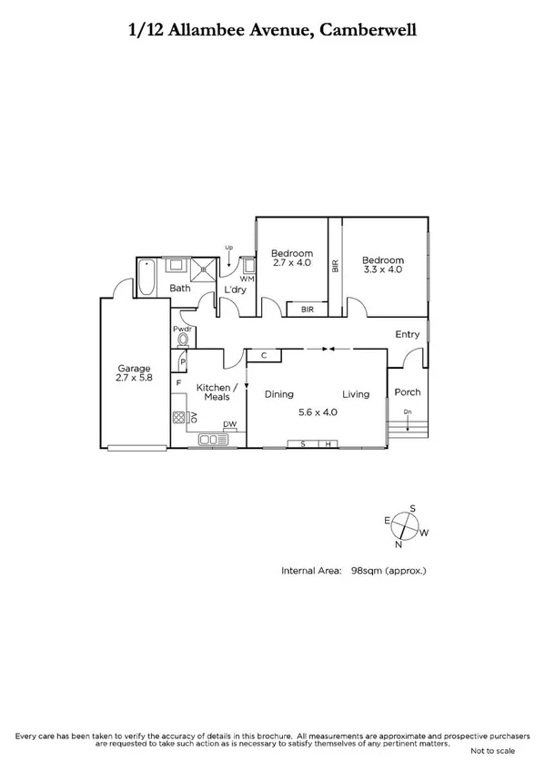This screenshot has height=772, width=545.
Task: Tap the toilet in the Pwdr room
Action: [183, 340]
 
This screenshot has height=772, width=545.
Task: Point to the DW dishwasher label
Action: [230, 425]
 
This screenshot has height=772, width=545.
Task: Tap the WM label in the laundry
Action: [246, 278]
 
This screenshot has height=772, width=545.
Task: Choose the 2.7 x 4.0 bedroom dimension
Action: [292, 263]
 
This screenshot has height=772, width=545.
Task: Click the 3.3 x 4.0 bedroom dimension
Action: [383, 269]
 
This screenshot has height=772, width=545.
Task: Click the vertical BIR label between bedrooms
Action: [336, 267]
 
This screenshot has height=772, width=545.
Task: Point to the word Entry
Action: [407, 334]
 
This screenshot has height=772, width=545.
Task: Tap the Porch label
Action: [408, 392]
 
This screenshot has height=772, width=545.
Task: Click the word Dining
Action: [278, 394]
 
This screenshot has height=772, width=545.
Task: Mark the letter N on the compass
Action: [398, 545]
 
